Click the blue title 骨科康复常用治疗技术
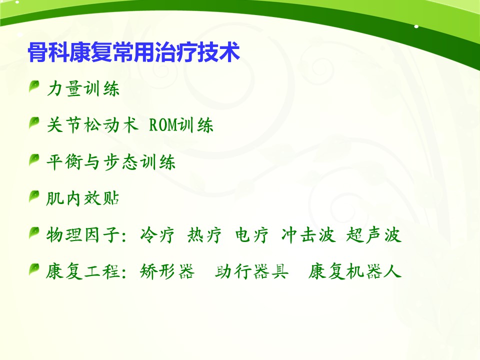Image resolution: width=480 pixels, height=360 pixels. point(133,52)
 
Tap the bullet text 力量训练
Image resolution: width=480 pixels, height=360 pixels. point(83,89)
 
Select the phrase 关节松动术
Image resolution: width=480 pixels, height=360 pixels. point(92,125)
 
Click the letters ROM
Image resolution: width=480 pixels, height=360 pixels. point(163,125)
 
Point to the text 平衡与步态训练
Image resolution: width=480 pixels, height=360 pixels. point(111,161)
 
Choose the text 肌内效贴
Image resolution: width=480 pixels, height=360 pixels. point(82,198)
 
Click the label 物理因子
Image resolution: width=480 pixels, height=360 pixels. point(82,235)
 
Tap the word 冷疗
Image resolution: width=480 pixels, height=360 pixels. point(157,235)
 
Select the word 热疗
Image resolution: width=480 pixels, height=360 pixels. point(204,235)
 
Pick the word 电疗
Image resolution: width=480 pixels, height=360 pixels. point(251,235)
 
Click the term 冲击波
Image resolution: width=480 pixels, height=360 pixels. point(308,235)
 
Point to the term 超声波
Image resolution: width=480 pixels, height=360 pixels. point(373,235)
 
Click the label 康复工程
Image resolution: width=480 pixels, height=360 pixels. point(82,271)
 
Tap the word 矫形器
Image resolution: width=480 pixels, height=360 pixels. point(167,271)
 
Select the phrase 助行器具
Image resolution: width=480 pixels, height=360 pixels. point(251,271)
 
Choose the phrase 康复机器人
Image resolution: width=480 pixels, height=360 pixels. point(355,271)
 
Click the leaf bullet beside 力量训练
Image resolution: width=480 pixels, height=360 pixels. point(34,86)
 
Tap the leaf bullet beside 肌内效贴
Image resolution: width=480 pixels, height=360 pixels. point(34,196)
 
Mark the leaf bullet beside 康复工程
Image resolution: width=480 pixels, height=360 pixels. point(34,269)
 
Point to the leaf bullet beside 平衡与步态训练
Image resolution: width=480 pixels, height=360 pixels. point(34,159)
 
